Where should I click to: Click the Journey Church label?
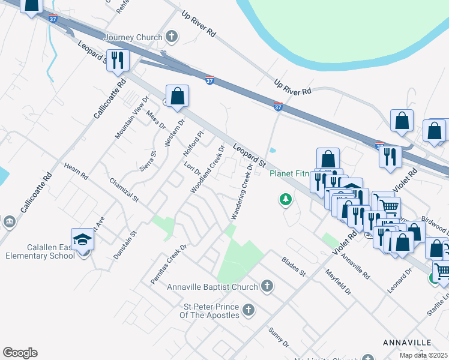point(133,37)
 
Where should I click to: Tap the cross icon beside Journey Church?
point(172,37)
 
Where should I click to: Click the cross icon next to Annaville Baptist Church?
point(267,286)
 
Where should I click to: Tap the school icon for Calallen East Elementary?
point(83,239)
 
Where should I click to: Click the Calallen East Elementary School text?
point(50,251)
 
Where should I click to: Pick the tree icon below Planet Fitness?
point(286,199)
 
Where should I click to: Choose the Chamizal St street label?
point(124,190)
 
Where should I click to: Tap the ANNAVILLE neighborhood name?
point(407,342)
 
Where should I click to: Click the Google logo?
point(20,353)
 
